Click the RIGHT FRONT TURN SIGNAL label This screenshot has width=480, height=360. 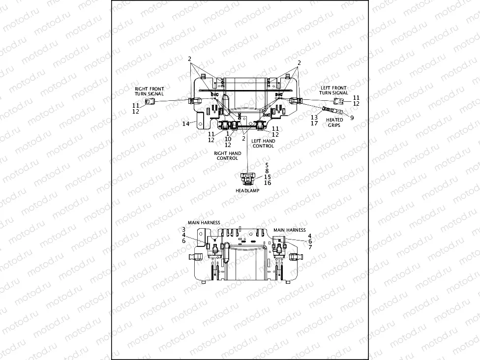point(149,91)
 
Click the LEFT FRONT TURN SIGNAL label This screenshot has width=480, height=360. point(333,90)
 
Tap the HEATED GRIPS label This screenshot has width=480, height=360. point(335,122)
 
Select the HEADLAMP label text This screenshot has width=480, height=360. point(247,190)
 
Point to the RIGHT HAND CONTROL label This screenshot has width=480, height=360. point(227,156)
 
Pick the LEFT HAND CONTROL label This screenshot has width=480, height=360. point(263,143)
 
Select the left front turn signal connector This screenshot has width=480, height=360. point(339,101)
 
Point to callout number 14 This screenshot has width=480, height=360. point(185,124)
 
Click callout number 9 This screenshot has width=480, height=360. point(352,118)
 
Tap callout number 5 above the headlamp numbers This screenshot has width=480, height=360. point(267,165)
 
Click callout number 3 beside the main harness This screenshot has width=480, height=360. point(183,229)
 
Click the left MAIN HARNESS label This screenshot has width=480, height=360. point(204,222)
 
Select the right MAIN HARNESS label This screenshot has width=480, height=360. point(289,230)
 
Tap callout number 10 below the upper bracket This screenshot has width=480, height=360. point(227,139)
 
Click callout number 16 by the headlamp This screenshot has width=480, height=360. point(267,182)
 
